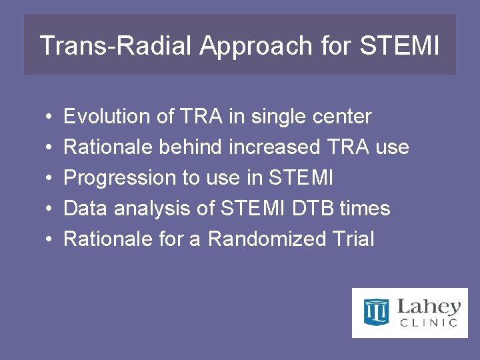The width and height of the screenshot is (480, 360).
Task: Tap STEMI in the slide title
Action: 399,46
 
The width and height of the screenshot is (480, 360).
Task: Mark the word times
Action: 365,209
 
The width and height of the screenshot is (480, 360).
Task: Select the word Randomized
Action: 257,239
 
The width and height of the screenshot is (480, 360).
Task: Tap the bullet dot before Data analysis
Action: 51,209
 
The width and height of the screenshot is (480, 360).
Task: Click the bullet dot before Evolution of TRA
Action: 51,117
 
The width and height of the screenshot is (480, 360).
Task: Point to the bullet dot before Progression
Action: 51,179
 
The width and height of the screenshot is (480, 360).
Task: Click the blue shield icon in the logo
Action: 376,312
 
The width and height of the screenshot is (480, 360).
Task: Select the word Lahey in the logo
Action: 429,307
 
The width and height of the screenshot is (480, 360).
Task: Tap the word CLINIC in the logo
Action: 429,323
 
